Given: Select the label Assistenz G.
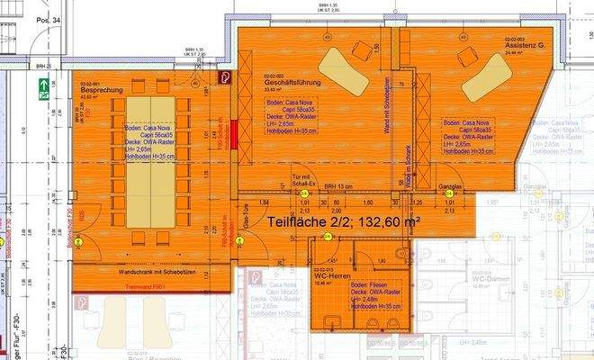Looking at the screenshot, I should tap(526, 46).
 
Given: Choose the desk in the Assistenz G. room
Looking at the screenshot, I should tap(486, 77).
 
